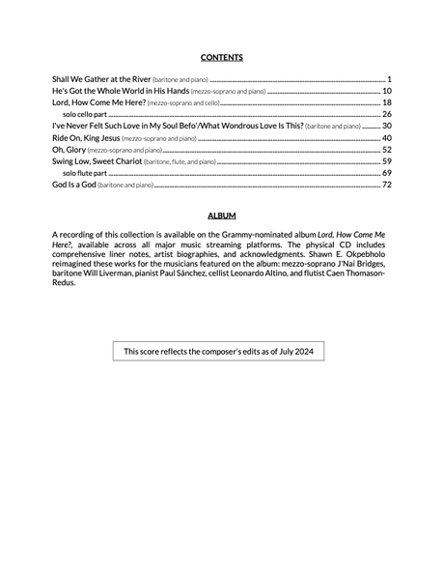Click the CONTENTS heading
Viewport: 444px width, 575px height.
coord(222,57)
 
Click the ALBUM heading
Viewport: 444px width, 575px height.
coord(222,215)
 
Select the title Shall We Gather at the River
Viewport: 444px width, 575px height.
coord(101,78)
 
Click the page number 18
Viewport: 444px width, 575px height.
coord(386,102)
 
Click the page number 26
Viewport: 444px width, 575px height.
coord(386,114)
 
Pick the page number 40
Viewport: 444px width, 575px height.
coord(386,138)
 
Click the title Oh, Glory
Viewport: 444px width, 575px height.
coord(69,150)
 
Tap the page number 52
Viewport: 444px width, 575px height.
coord(386,150)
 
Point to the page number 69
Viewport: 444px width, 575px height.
coord(386,173)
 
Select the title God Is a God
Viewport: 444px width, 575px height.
coord(73,185)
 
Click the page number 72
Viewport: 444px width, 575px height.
coord(386,185)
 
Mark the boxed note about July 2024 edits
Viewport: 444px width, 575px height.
coord(218,351)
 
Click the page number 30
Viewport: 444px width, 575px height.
coord(386,126)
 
